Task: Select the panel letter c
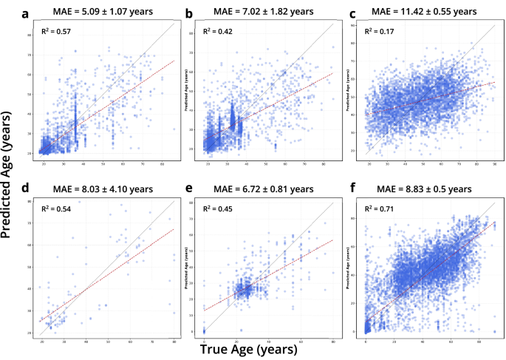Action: pyautogui.click(x=352, y=13)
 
